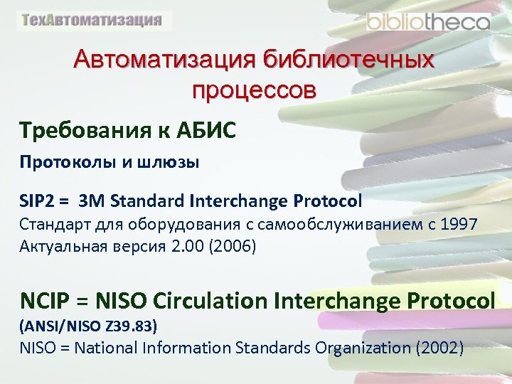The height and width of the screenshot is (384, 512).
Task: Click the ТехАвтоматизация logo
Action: pos(92,20)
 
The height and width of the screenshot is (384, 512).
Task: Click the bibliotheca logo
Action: pos(428,21)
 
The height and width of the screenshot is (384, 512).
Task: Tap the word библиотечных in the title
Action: pos(348,60)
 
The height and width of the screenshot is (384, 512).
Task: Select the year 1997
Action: pos(459,225)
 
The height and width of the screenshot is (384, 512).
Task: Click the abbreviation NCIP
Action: pos(44,301)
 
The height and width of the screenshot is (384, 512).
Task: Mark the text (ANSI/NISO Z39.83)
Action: pos(88,326)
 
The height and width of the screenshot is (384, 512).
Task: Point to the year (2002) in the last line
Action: pos(442,348)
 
